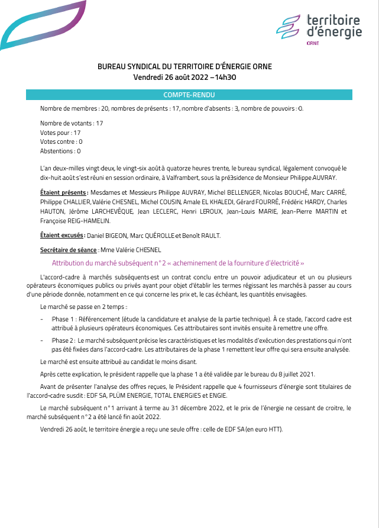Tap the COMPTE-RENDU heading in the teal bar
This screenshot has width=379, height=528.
coord(189,95)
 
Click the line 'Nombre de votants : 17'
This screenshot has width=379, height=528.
coord(72,123)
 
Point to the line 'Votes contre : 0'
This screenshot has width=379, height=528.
coord(61,142)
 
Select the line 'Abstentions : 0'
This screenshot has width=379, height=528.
coord(60,152)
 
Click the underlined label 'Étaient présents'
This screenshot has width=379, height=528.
coord(63,192)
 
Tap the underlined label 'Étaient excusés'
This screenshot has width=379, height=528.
coord(62,236)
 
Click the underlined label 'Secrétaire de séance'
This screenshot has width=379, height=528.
coord(67,250)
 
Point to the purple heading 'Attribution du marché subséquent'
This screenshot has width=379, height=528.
coord(177,263)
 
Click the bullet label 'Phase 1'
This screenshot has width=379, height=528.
coord(63,319)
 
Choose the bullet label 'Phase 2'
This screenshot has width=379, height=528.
coord(63,340)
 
